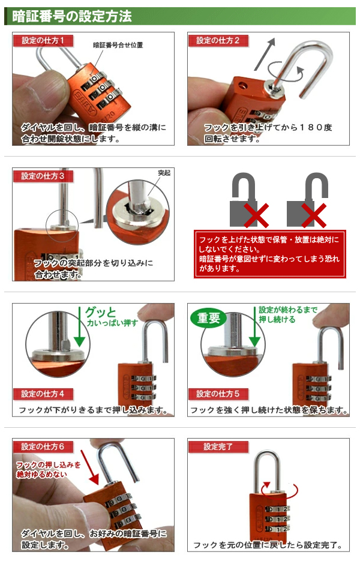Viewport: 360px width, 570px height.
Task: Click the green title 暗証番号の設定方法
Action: (71, 16)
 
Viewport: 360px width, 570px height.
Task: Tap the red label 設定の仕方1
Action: (43, 40)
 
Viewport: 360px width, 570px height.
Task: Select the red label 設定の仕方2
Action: (218, 40)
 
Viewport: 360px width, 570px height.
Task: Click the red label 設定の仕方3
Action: (43, 176)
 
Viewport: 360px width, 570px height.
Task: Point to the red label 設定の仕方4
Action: (43, 394)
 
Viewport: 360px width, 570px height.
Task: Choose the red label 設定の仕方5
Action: (218, 394)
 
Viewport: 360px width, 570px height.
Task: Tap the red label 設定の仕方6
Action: (43, 446)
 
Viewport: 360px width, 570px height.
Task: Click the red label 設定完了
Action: (218, 446)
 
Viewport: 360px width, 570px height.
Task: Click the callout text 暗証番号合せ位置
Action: (118, 45)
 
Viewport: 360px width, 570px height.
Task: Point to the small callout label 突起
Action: (164, 173)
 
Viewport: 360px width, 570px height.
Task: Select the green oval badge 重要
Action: (208, 319)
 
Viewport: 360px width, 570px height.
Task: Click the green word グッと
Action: (100, 312)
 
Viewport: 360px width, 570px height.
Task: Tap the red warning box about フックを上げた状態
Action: (269, 254)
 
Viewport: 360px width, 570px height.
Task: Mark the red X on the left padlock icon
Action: (256, 215)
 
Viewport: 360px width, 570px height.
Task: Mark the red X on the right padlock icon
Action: (314, 215)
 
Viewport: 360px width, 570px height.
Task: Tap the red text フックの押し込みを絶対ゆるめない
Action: (48, 469)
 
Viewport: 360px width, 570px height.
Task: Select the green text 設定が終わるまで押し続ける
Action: (287, 314)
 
